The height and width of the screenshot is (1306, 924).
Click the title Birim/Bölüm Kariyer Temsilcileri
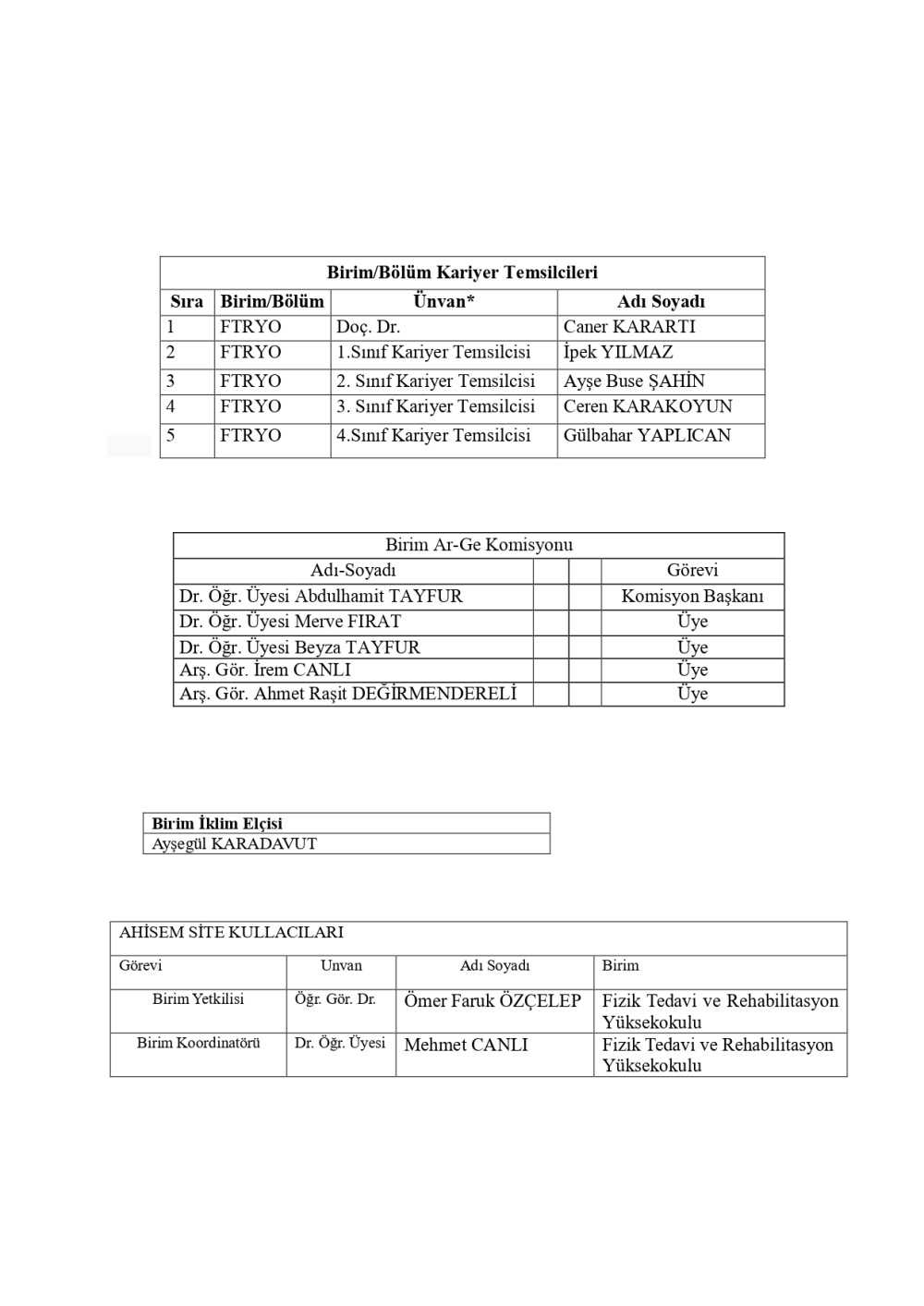coord(462,272)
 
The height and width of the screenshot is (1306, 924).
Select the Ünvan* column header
coord(444,301)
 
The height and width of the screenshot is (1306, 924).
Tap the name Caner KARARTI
coord(629,327)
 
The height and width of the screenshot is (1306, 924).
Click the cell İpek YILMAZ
coord(618,353)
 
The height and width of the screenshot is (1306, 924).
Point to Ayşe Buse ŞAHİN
coord(634,381)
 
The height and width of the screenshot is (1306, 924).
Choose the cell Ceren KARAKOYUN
coord(648,406)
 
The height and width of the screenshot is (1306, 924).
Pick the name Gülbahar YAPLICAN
coord(647,435)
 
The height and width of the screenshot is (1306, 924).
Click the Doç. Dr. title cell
coord(368,327)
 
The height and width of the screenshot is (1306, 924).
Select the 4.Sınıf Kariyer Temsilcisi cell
coord(433,435)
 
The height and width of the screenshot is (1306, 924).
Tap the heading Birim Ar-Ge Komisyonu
coord(479,545)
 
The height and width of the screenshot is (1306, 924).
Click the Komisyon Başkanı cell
coord(692,597)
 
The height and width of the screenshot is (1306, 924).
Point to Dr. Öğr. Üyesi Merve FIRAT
coord(290,622)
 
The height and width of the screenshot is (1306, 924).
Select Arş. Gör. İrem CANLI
coord(265,670)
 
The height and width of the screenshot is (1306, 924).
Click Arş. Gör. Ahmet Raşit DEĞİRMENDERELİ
coord(348,694)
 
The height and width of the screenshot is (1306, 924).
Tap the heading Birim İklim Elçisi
coord(217,823)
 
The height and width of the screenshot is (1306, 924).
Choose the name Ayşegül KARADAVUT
coord(234,843)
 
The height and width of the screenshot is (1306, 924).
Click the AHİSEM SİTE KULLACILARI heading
coord(231,933)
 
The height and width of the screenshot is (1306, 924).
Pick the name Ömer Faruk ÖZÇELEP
coord(492,1001)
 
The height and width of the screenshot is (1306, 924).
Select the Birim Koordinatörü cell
coord(199,1043)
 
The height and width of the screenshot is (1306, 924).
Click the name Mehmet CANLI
coord(467,1045)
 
